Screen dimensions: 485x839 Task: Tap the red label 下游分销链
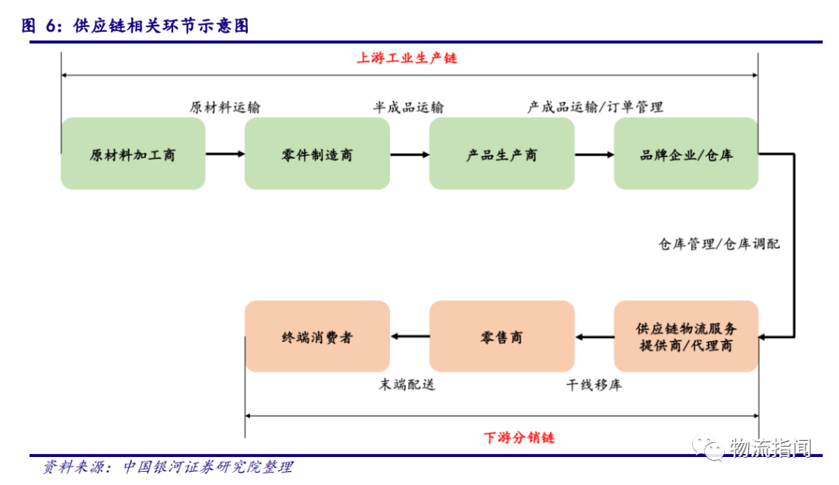coord(519,438)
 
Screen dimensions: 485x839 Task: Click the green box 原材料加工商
coord(133,154)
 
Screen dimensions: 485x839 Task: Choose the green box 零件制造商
coord(317,154)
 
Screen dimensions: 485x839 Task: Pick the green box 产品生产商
coord(501,154)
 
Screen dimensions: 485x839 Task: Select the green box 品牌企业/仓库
coord(685,154)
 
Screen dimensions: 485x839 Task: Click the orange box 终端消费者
coord(317,337)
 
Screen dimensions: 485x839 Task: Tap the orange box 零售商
coord(501,337)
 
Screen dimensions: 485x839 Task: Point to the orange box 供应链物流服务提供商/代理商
coord(685,337)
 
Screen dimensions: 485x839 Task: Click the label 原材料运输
coord(225,107)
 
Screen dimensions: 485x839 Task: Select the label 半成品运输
coord(409,107)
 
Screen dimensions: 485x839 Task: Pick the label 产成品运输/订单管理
coord(595,107)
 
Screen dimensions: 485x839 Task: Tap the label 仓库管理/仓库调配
coord(719,244)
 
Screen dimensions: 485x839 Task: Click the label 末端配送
coord(407,385)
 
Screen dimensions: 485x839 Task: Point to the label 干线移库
coord(594,385)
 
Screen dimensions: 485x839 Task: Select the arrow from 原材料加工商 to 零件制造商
coord(225,154)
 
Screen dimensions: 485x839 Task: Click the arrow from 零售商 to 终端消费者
coord(409,337)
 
